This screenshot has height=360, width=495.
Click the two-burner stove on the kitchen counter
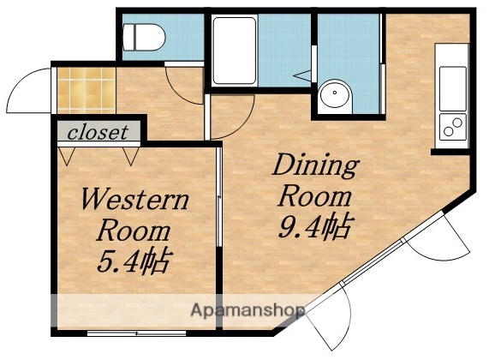451,129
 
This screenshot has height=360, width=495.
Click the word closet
98,133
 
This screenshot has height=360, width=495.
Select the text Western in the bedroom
134,201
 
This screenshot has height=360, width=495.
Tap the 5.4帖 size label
131,258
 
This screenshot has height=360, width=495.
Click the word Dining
315,164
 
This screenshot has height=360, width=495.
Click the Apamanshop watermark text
248,310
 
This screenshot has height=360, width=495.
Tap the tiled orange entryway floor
83,90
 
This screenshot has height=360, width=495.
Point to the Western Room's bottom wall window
137,331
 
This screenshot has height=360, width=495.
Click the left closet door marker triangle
68,156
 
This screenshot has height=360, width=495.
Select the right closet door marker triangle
130,156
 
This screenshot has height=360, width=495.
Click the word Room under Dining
315,195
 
